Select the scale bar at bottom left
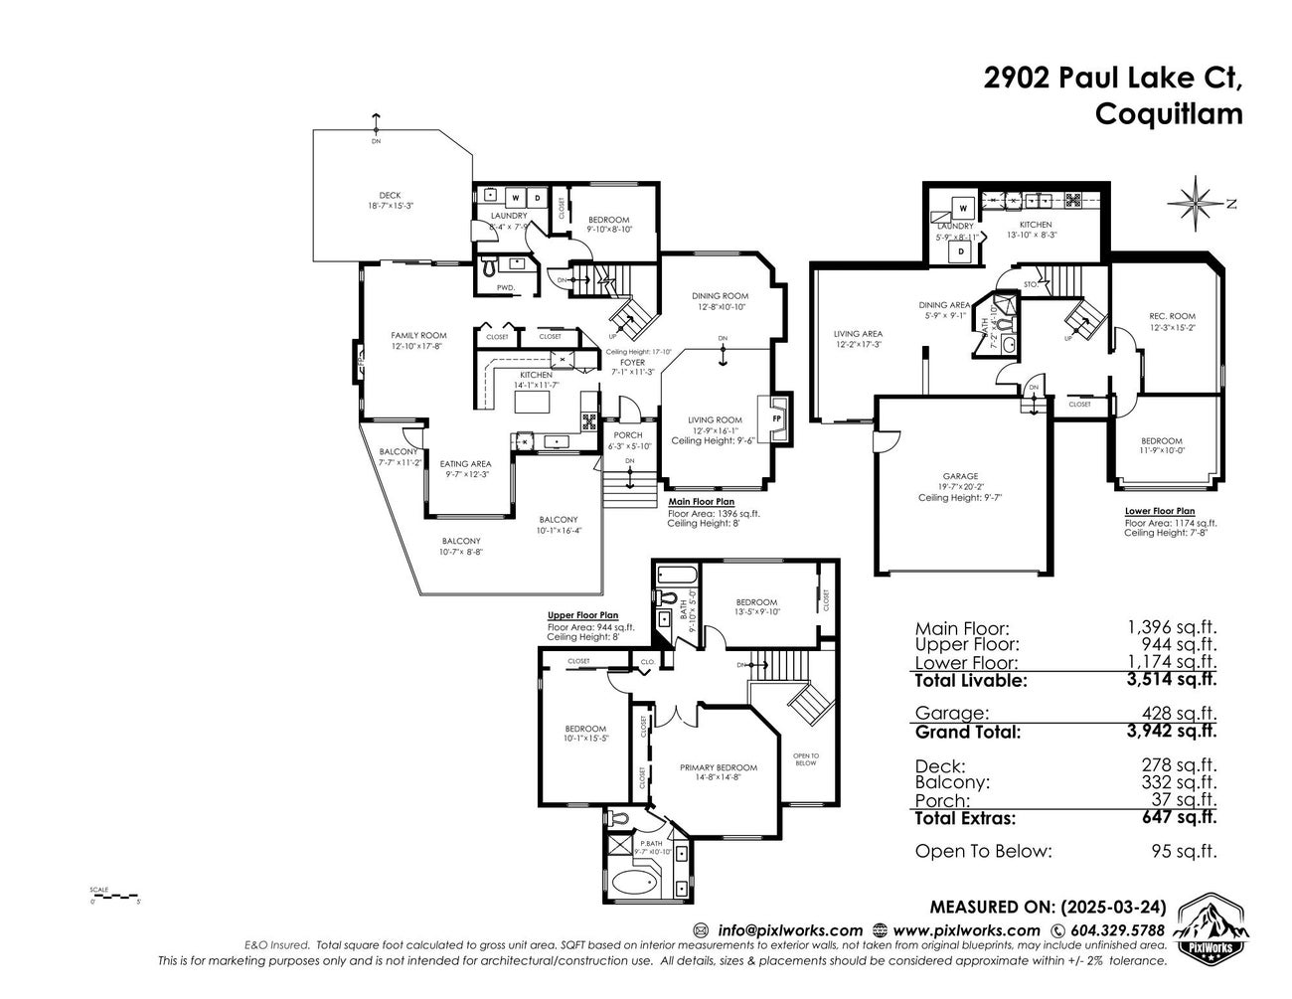tap(113, 897)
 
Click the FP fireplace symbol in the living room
tap(777, 418)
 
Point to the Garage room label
tap(960, 476)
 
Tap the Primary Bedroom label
tap(718, 767)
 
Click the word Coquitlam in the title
tap(1168, 113)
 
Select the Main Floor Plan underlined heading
tap(702, 502)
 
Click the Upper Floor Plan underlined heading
tap(582, 615)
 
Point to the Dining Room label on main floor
tap(720, 295)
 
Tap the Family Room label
tap(418, 335)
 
